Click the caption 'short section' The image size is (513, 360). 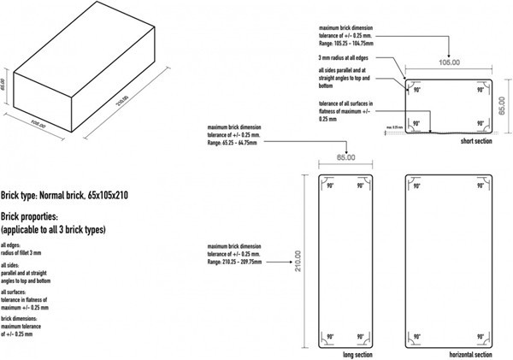point(476,140)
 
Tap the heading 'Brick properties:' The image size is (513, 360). point(40,217)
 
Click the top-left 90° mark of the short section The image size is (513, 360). point(416,88)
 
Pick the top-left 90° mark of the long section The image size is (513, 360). point(328,184)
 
